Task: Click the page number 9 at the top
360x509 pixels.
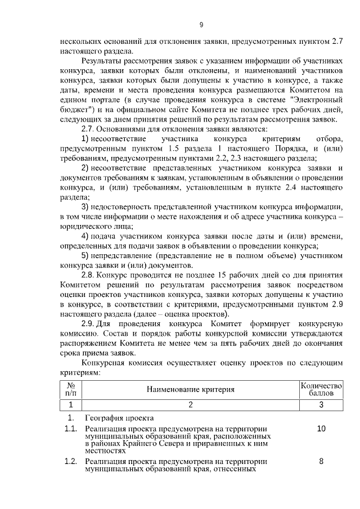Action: point(201,24)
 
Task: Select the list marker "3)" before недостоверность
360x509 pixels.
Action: point(86,207)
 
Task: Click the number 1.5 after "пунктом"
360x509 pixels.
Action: point(174,148)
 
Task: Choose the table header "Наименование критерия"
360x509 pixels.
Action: point(190,389)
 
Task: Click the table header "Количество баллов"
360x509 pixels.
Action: point(321,389)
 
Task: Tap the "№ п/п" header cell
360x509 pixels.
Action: point(71,389)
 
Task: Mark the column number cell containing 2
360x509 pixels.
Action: point(190,404)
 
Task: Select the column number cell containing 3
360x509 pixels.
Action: point(321,404)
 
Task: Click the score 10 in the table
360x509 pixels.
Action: point(321,429)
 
